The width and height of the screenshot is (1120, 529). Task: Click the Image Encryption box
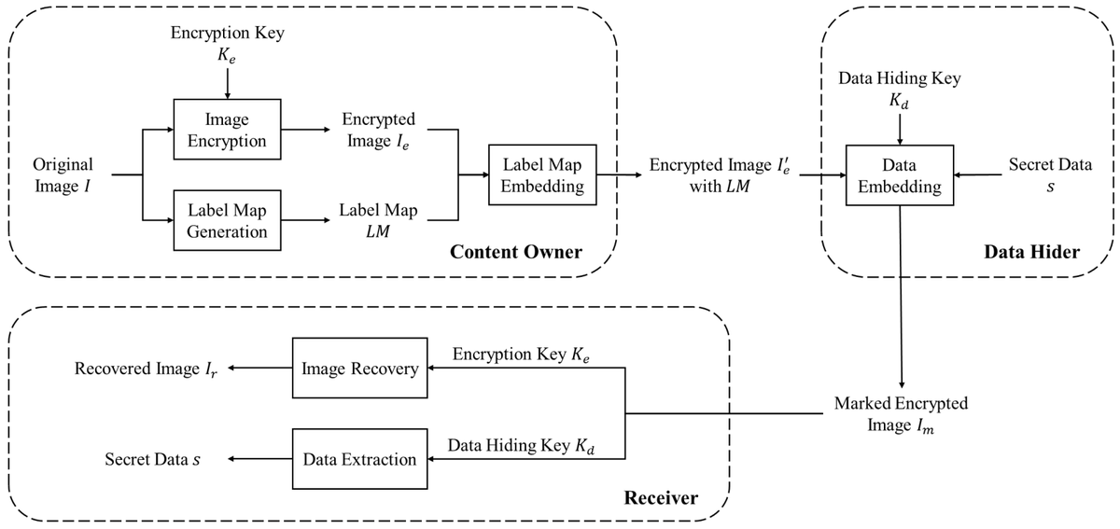[227, 130]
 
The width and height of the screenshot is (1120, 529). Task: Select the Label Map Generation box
[227, 220]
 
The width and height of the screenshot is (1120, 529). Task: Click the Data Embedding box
[900, 175]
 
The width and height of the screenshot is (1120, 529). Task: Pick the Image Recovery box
[360, 369]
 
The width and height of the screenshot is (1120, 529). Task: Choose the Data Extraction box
[360, 458]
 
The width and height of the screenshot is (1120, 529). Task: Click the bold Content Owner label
[516, 252]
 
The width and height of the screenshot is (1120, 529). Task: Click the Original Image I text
[63, 174]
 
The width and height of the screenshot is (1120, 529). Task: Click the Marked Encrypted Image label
[901, 414]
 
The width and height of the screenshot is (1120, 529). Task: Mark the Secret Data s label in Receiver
[151, 459]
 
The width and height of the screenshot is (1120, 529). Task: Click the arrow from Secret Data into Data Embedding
[976, 174]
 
